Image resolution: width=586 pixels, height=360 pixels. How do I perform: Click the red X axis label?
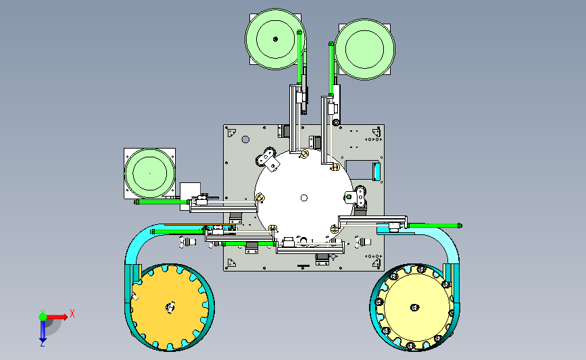(72, 313)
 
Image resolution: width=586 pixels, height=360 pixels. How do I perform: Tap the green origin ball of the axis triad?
(43, 317)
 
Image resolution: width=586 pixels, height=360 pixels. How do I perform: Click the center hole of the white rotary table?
(304, 198)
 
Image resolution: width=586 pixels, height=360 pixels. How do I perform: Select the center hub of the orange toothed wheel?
(170, 307)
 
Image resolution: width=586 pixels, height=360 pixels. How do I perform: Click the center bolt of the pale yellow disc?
(414, 307)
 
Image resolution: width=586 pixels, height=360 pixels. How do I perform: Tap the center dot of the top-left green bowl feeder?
(276, 39)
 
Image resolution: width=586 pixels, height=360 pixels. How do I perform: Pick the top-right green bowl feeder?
(364, 49)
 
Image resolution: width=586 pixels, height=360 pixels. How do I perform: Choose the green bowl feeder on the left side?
(149, 174)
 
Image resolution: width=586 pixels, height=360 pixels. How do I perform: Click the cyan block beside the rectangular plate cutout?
(376, 172)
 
